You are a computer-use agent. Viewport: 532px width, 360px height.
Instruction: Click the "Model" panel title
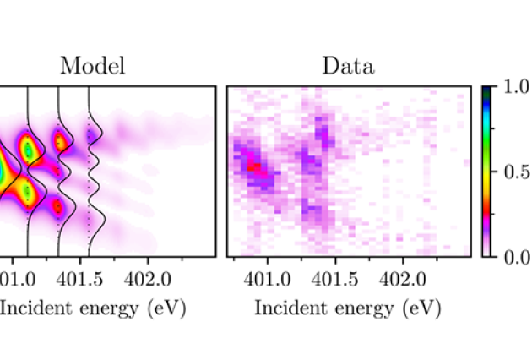coord(93,67)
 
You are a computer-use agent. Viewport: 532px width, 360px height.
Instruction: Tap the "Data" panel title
coord(348,67)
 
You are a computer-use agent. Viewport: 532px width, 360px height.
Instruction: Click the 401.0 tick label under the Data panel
coord(268,279)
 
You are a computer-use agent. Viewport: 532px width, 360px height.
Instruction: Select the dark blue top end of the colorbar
coord(486,90)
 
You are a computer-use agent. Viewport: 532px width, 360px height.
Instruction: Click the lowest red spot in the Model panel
coord(57,205)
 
